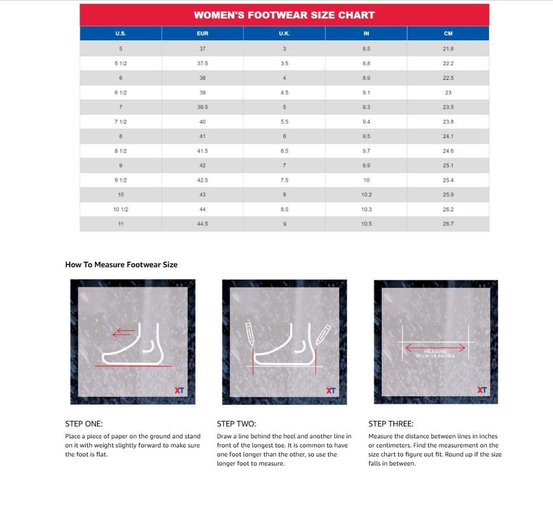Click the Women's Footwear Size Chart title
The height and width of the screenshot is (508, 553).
click(x=284, y=15)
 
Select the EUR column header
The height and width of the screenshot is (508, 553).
click(x=202, y=33)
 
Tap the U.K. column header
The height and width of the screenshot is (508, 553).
click(x=284, y=33)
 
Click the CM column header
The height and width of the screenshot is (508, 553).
click(x=448, y=33)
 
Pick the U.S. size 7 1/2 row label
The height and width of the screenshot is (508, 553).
click(x=121, y=122)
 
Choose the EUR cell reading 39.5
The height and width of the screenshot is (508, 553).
click(x=202, y=107)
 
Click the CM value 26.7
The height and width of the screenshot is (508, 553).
click(x=448, y=224)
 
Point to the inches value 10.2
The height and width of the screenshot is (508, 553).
click(x=366, y=194)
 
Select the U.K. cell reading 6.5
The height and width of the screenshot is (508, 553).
click(x=284, y=151)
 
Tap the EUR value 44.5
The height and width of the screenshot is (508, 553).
click(x=202, y=224)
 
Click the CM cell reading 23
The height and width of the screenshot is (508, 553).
click(x=448, y=92)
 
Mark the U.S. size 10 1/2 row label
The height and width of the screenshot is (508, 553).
click(x=121, y=209)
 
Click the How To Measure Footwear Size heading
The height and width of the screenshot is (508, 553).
click(x=121, y=264)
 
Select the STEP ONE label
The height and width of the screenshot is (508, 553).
click(x=84, y=424)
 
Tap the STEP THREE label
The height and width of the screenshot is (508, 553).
click(x=391, y=424)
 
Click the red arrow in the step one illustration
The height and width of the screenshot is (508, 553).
click(x=124, y=333)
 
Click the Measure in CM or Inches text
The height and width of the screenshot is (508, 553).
click(x=435, y=354)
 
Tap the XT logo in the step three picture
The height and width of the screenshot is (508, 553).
click(x=482, y=390)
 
